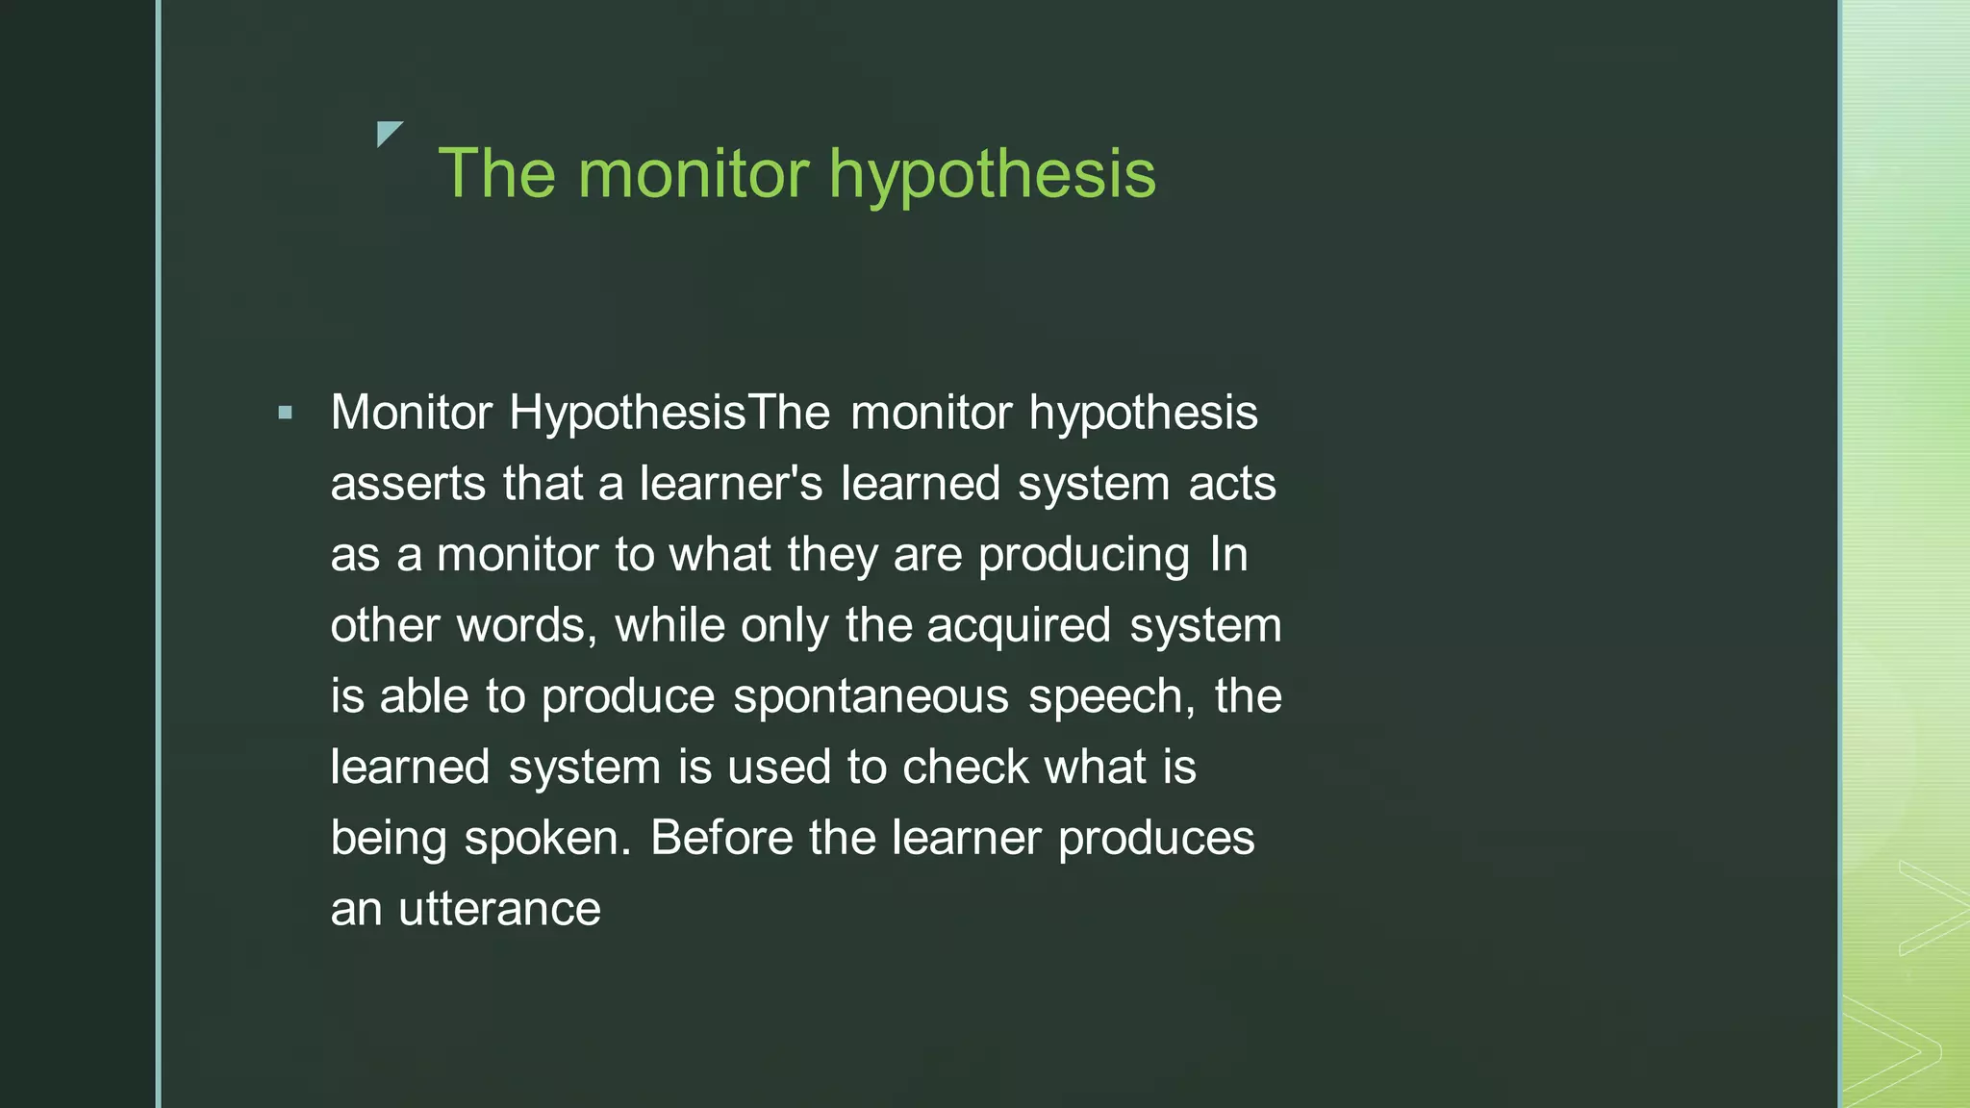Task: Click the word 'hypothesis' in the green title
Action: pyautogui.click(x=992, y=175)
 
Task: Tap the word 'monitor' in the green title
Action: pyautogui.click(x=694, y=175)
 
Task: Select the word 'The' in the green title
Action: pyautogui.click(x=496, y=175)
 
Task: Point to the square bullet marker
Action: pyautogui.click(x=285, y=414)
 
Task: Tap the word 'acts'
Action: pyautogui.click(x=1232, y=484)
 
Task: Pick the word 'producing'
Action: pyautogui.click(x=1084, y=556)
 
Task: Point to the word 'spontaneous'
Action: pyautogui.click(x=871, y=696)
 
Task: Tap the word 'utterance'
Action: pyautogui.click(x=499, y=909)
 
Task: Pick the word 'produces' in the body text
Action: pyautogui.click(x=1156, y=839)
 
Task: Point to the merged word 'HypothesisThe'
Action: pyautogui.click(x=669, y=414)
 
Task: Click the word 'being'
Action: pyautogui.click(x=389, y=839)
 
